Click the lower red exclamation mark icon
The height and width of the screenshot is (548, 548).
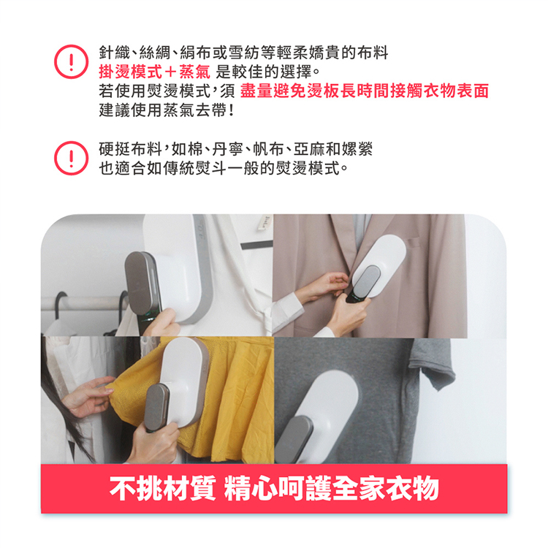click(x=70, y=159)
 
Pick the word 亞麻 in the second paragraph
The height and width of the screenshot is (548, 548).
click(x=319, y=150)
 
